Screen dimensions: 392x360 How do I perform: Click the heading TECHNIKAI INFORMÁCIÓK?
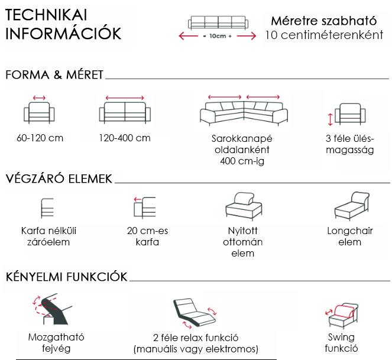[x=63, y=24]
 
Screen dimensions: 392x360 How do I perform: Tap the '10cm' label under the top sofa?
[x=218, y=36]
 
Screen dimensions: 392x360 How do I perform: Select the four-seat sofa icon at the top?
[x=218, y=22]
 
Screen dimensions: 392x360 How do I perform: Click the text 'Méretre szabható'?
[x=324, y=21]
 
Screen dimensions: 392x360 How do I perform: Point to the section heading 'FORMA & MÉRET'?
[x=54, y=74]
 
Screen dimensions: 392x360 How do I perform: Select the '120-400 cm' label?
[x=125, y=138]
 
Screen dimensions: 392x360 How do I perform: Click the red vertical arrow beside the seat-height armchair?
[x=331, y=119]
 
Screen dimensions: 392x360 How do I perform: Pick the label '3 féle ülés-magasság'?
[x=350, y=144]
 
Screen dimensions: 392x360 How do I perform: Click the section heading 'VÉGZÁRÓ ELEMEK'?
[x=59, y=179]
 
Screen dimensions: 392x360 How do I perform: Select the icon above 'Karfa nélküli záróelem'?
[x=47, y=208]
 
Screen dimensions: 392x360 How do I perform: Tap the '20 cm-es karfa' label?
[x=147, y=236]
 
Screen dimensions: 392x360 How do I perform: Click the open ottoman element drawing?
[x=244, y=206]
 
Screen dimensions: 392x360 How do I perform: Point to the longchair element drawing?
[x=352, y=206]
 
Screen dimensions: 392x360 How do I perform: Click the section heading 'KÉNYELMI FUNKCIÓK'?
[x=66, y=277]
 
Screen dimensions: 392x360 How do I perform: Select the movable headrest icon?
[x=52, y=309]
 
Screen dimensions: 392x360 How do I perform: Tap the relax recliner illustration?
[x=195, y=313]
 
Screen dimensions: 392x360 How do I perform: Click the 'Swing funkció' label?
[x=341, y=343]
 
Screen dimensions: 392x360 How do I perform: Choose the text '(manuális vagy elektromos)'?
[x=196, y=349]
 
